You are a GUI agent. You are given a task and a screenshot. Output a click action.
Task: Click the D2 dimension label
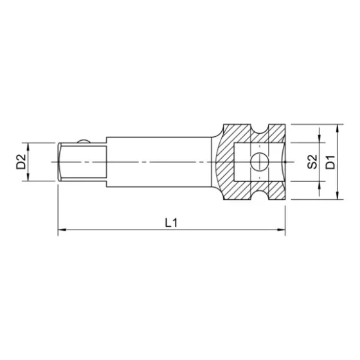tap(21, 161)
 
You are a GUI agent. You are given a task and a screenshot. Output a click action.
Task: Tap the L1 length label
tap(171, 222)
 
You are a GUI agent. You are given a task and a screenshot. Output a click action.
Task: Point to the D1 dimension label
tap(330, 161)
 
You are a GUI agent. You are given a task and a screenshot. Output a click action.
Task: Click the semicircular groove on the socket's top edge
tap(260, 129)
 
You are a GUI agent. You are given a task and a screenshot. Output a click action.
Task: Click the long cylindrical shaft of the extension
tap(161, 161)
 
